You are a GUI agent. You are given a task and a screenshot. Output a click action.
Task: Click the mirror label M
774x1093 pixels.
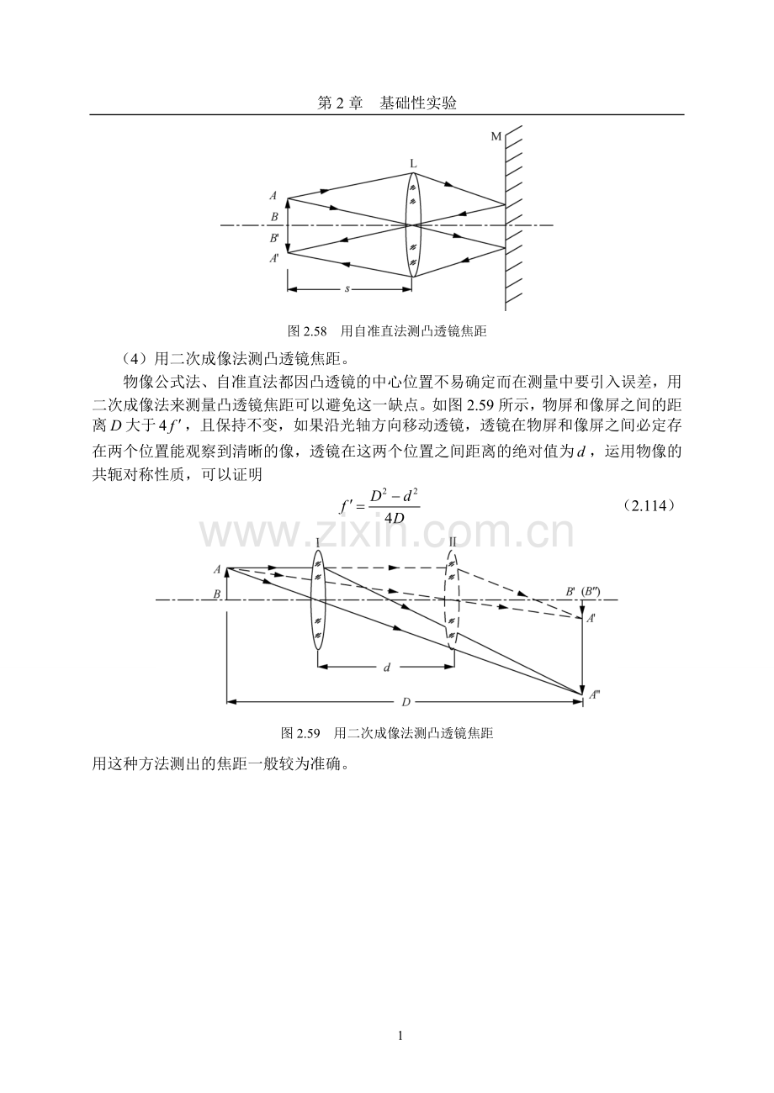tap(496, 137)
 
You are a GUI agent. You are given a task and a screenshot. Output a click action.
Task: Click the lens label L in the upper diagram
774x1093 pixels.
tap(413, 164)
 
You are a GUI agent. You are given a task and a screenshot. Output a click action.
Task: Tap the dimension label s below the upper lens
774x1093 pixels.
tap(347, 289)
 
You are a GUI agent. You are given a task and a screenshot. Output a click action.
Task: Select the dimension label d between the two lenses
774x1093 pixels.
tap(387, 667)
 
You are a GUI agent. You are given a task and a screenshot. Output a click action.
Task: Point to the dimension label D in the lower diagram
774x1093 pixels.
tap(406, 702)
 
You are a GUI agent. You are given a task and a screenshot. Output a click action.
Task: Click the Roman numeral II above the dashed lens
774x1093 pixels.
tap(453, 541)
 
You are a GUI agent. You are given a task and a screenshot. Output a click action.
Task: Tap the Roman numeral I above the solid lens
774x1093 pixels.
tap(317, 542)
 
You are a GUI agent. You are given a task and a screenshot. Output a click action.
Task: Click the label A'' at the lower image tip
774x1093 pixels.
tap(594, 694)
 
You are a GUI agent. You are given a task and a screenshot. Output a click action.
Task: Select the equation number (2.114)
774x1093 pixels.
tap(650, 506)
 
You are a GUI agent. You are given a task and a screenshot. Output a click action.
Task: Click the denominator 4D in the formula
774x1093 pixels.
tap(394, 517)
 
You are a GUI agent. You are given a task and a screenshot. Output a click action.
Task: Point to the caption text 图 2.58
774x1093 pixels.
tap(307, 332)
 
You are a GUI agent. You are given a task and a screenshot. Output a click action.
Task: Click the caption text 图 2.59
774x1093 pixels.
tap(300, 733)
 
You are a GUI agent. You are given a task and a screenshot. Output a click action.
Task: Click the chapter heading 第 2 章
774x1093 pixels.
tap(340, 103)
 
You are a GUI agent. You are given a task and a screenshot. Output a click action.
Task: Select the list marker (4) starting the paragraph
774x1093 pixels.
tap(131, 359)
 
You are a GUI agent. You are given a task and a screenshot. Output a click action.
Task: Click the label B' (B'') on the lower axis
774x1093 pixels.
tap(583, 591)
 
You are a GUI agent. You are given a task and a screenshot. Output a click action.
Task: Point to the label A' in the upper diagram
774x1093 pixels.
tap(274, 258)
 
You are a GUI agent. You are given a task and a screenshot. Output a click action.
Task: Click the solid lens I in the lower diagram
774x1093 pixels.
tap(317, 599)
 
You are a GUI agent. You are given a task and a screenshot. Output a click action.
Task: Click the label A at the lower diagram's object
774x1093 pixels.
tap(217, 569)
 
